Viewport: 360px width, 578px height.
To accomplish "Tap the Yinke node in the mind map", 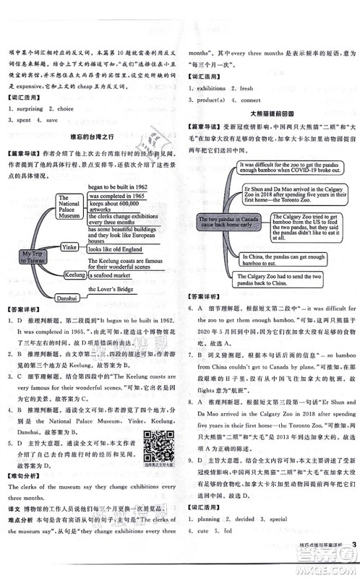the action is click(x=69, y=246).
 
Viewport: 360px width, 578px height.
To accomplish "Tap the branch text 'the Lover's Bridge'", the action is click(x=116, y=290).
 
